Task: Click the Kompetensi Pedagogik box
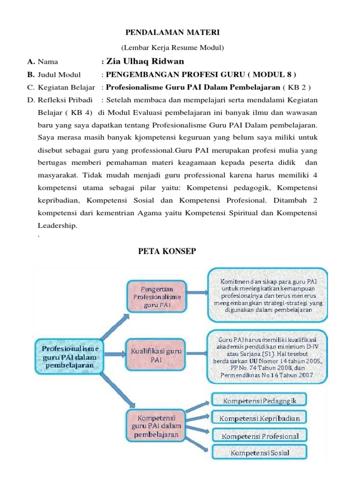pos(259,401)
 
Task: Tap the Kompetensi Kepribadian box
pos(260,418)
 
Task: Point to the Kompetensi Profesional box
pos(260,435)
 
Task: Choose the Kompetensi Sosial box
pos(260,452)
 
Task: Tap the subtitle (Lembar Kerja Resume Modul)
pos(173,48)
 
